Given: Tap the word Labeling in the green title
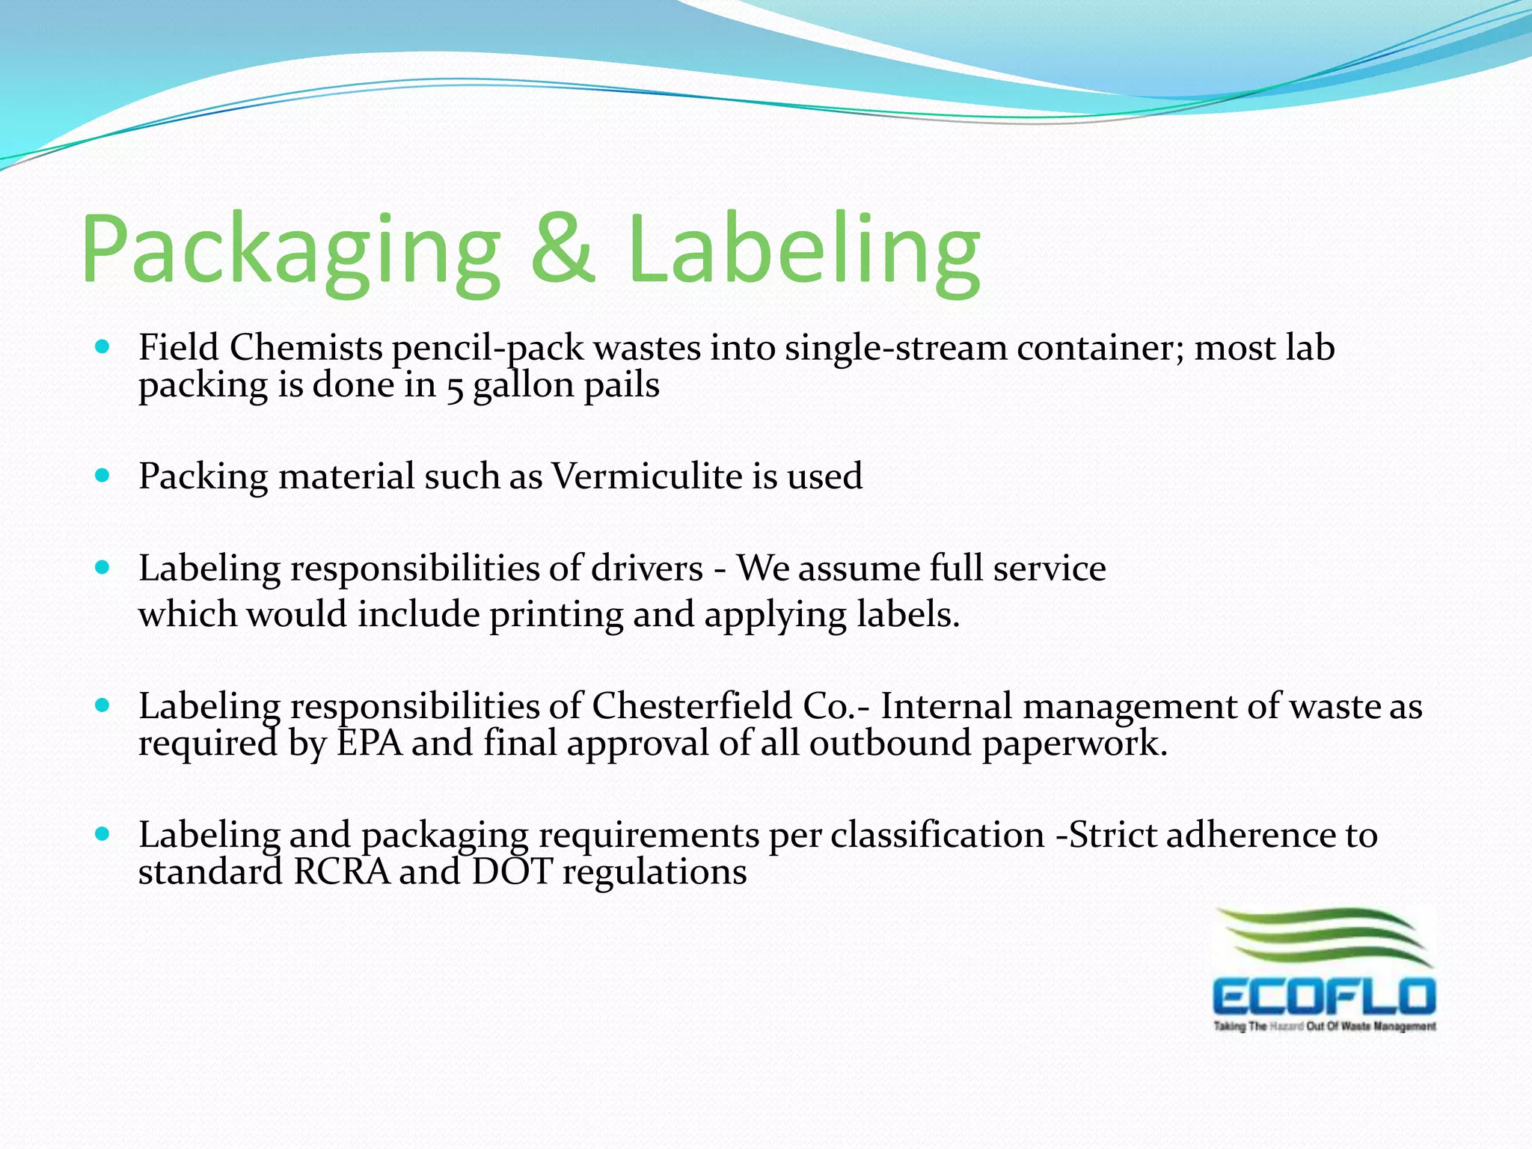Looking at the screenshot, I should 803,251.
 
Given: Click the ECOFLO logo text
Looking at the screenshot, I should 1324,997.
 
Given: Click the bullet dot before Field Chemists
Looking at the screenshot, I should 103,347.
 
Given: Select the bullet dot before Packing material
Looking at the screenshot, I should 103,476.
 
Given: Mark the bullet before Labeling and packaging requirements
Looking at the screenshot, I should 103,833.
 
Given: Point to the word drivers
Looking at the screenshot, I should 647,568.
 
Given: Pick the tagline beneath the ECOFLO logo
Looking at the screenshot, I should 1324,1026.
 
